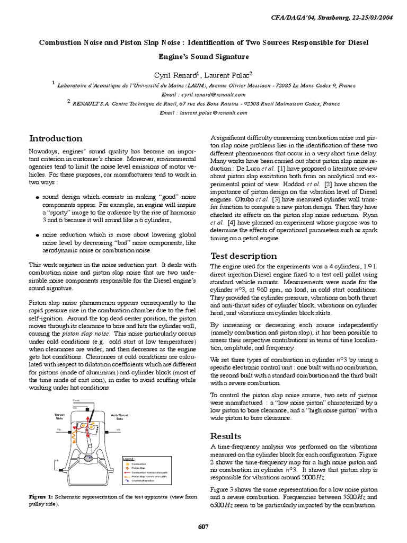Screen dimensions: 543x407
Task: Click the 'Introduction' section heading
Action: tap(55, 138)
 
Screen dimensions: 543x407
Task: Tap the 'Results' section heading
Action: tap(226, 435)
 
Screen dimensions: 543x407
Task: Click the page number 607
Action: tap(203, 527)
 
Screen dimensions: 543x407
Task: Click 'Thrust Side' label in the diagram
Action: tap(59, 416)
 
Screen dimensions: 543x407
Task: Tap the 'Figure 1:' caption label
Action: tap(40, 497)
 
